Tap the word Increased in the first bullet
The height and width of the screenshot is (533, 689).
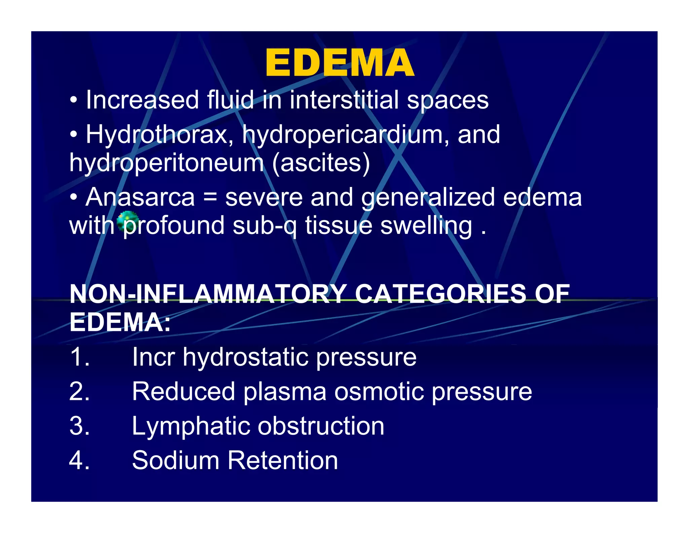142,100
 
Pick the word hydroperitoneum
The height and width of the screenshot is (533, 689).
167,163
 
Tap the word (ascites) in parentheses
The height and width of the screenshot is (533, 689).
321,163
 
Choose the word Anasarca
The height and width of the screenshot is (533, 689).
140,197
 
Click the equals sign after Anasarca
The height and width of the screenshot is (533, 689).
210,198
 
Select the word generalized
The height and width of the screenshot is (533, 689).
428,198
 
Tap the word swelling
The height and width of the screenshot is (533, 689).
426,226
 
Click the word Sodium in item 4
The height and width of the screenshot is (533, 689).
175,460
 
